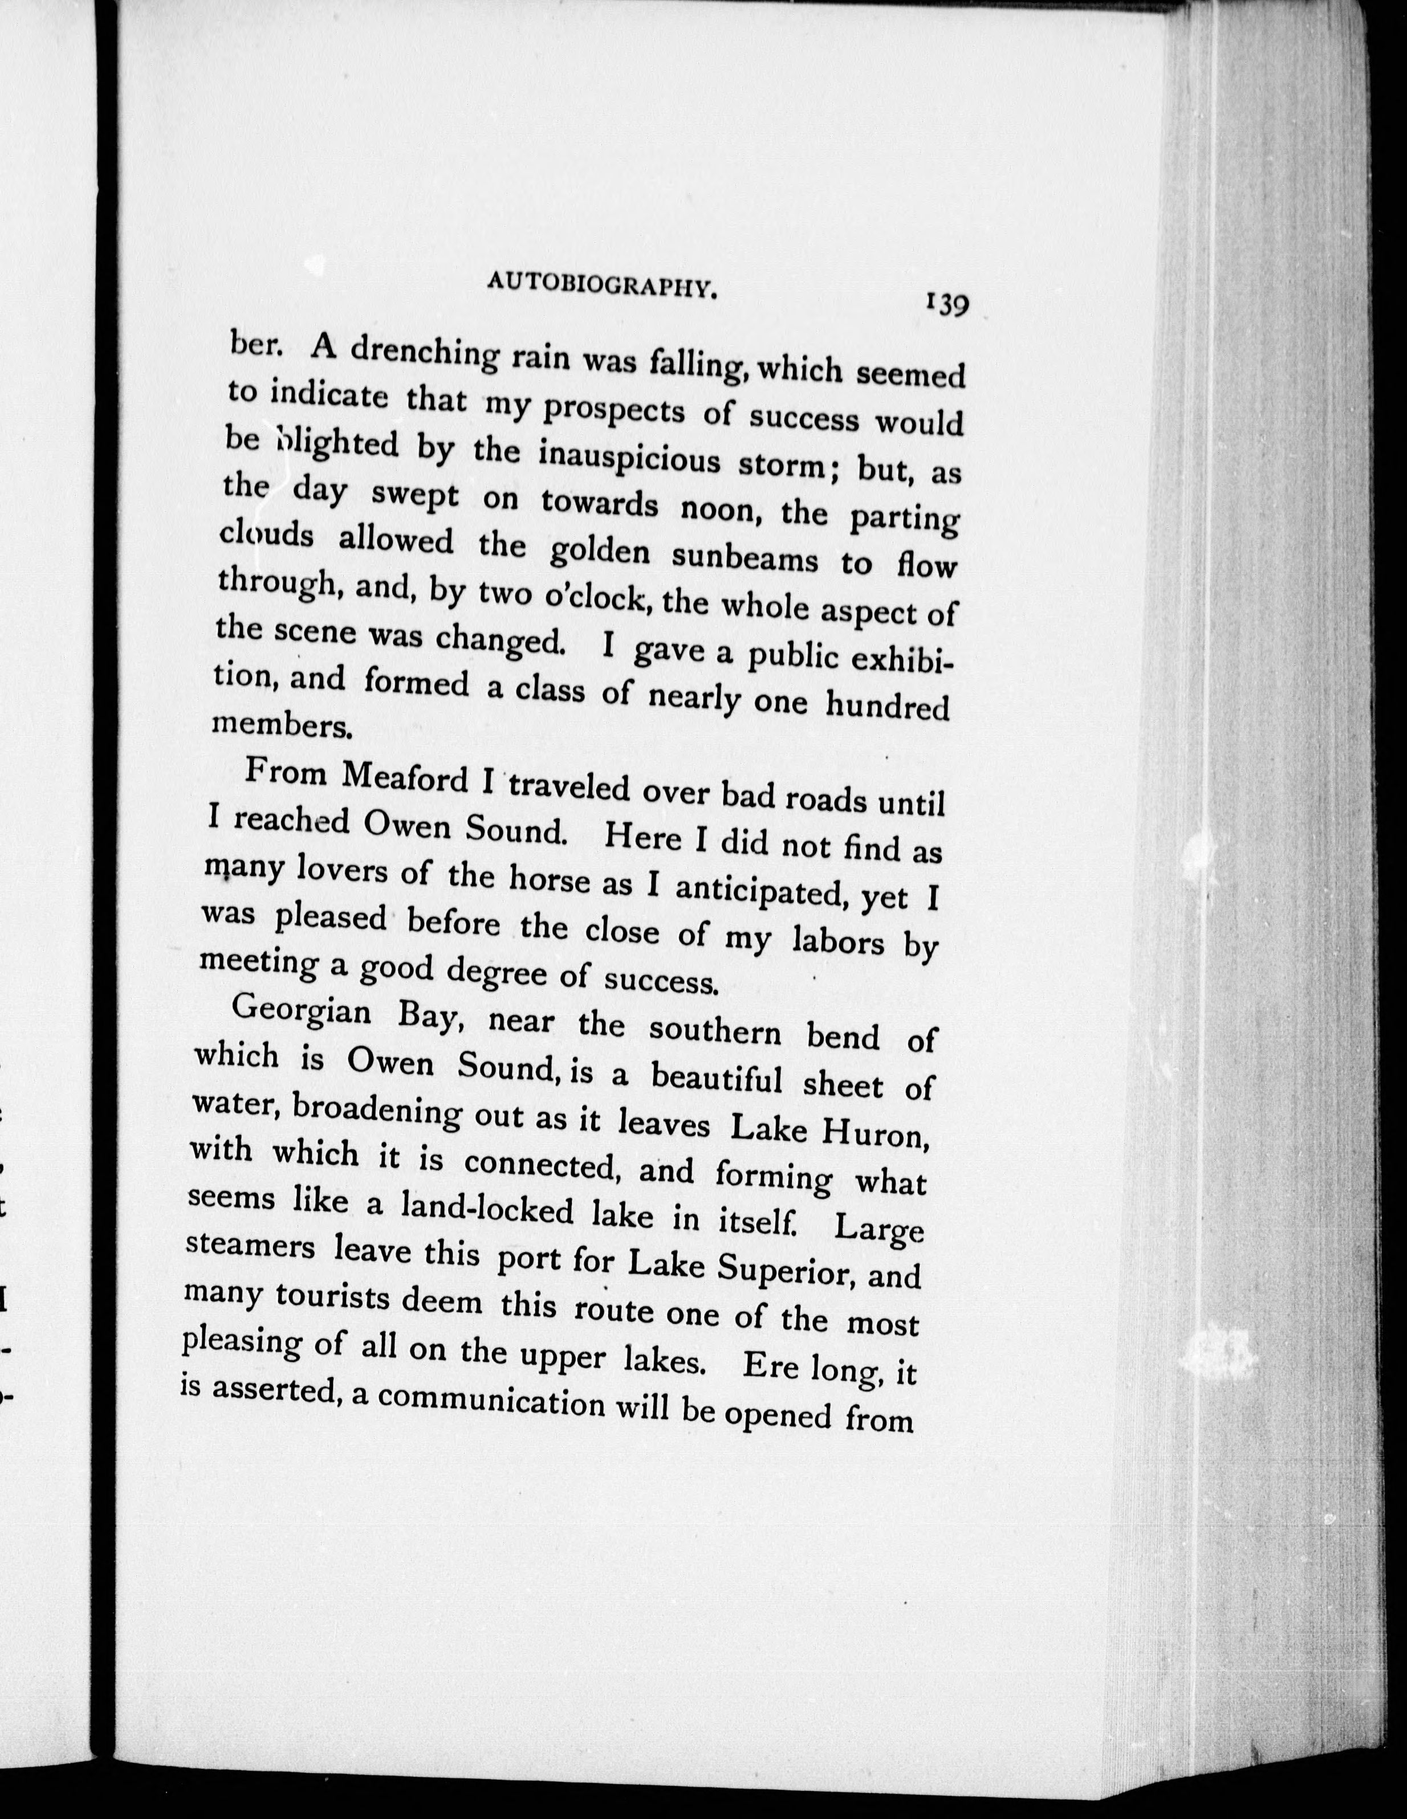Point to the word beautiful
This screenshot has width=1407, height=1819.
(x=717, y=1079)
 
